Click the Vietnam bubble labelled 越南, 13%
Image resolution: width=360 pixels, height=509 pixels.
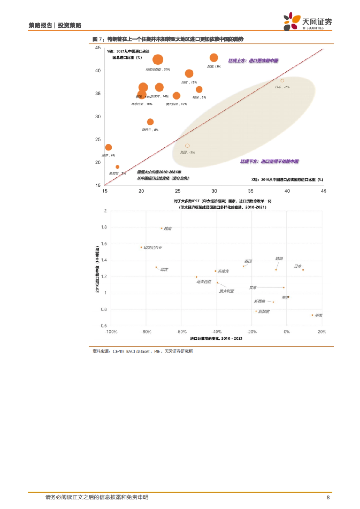coord(214,58)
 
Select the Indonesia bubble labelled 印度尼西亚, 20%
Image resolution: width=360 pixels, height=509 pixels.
coord(158,59)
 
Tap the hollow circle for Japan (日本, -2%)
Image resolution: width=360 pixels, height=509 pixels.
coord(282,81)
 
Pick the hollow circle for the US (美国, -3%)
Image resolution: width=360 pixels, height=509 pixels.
coord(187,146)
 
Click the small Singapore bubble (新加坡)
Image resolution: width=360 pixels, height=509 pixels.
coord(118,167)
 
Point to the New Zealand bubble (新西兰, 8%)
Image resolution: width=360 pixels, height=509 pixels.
coord(150,122)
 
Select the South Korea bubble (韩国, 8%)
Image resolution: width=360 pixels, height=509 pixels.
coord(199,89)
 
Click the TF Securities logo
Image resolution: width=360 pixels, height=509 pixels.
coord(308,21)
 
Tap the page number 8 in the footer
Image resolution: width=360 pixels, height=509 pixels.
coord(328,497)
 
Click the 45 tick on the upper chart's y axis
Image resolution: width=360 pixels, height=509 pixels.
coord(98,48)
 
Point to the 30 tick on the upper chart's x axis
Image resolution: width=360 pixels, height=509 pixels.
coord(214,191)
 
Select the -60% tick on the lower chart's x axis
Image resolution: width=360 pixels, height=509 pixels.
coord(181,332)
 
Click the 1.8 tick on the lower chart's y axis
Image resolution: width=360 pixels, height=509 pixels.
coord(104,227)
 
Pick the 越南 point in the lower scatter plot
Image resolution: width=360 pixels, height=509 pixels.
coord(162,228)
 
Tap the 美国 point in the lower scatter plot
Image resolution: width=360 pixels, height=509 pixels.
coord(312,315)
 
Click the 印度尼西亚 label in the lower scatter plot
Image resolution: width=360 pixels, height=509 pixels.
coord(153,248)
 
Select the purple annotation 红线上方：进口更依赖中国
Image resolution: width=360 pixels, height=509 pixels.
coord(253,61)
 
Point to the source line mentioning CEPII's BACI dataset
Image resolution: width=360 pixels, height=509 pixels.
coord(143,351)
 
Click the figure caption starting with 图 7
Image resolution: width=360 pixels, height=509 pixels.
coord(168,39)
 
